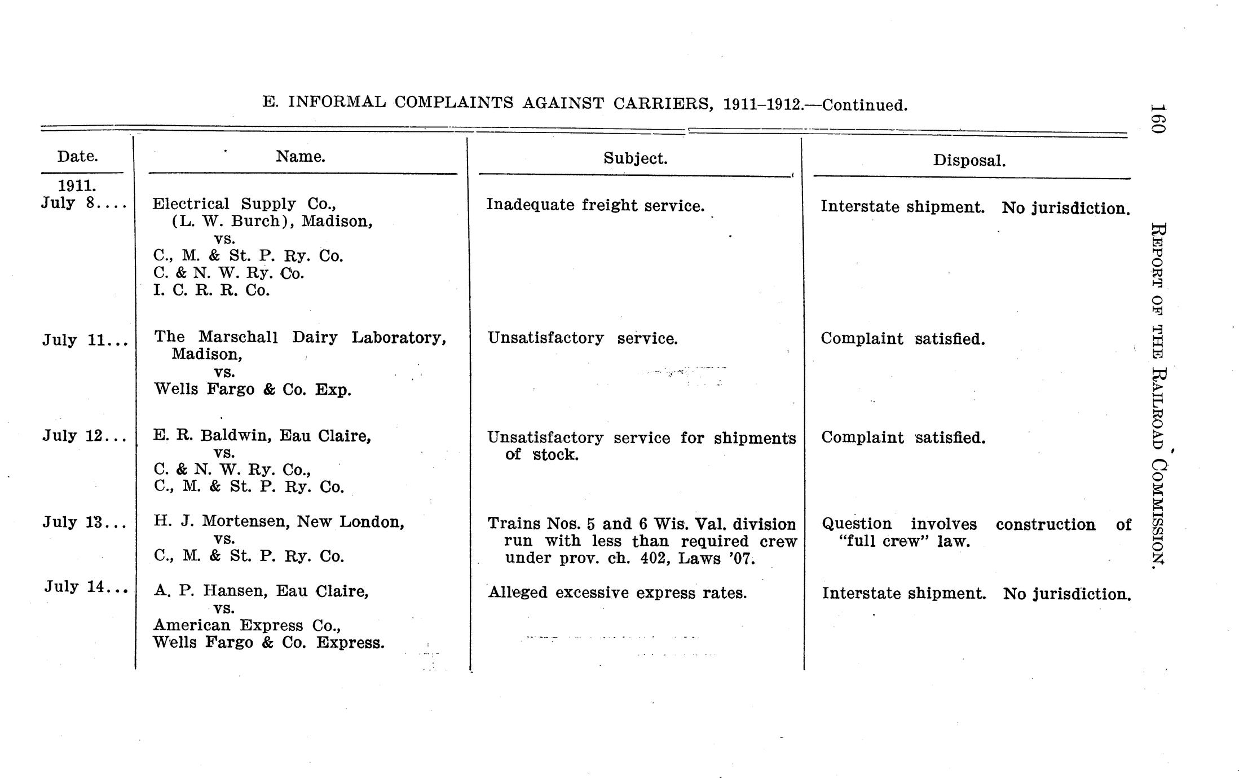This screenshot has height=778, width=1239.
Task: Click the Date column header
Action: point(77,156)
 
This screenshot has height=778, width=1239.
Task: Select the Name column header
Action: point(300,156)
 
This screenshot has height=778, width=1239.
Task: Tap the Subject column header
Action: point(635,158)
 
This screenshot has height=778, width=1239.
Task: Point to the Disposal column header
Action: point(969,161)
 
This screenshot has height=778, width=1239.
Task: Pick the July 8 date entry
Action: point(83,203)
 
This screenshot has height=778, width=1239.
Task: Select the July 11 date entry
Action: point(85,341)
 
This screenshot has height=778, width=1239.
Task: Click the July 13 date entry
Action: point(85,523)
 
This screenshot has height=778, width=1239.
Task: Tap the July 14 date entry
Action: point(86,587)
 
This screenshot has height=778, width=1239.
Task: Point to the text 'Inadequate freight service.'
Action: point(596,205)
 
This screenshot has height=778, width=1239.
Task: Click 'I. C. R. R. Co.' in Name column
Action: point(211,291)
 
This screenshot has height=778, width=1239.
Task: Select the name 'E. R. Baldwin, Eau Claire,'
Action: point(262,436)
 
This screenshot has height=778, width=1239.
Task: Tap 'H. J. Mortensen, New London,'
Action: point(279,521)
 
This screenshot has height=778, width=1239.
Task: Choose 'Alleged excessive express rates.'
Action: point(618,593)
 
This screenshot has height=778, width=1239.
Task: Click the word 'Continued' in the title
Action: point(863,105)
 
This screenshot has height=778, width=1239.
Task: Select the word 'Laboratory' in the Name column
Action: point(398,338)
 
